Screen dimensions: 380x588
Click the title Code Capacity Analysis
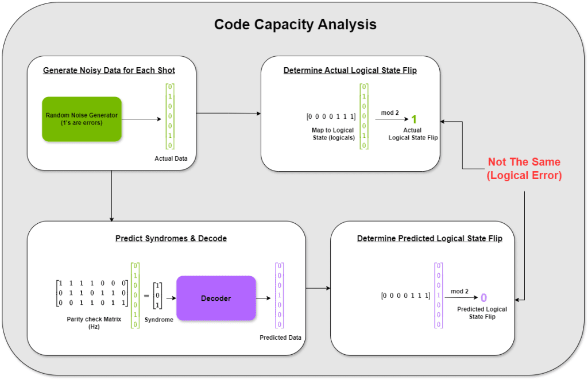click(295, 25)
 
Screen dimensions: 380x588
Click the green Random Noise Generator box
click(82, 119)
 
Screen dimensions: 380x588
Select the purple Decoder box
click(216, 298)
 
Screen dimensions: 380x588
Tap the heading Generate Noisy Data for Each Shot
click(109, 71)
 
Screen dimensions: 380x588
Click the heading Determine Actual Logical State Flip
click(350, 71)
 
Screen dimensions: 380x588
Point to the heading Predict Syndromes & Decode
click(171, 238)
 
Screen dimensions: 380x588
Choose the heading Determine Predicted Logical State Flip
click(430, 238)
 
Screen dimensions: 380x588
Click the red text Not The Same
click(524, 162)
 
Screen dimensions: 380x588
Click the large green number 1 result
click(413, 119)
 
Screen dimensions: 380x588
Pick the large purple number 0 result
click(483, 298)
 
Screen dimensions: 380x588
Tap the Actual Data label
click(171, 158)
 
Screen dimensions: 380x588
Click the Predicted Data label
click(281, 338)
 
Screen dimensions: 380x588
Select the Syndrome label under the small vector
click(158, 320)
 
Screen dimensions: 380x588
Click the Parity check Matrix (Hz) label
click(94, 322)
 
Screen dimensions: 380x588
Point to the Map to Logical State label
click(332, 134)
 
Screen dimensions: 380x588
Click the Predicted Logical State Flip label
click(482, 313)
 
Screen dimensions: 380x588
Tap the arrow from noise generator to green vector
click(142, 119)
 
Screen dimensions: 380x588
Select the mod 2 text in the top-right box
click(390, 113)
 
